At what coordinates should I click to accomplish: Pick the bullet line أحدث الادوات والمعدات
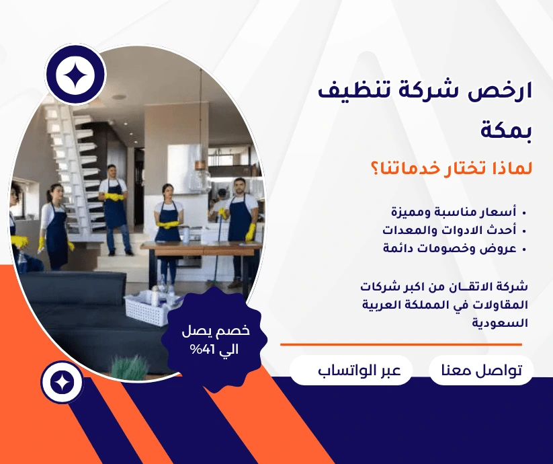[450, 230]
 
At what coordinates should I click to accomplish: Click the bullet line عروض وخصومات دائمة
[450, 248]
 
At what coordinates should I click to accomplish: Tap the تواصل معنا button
[481, 370]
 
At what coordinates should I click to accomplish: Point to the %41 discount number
[202, 349]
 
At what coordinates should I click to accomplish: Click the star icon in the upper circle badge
[75, 75]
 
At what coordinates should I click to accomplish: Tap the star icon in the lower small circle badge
[62, 383]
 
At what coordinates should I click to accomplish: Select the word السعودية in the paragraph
[500, 323]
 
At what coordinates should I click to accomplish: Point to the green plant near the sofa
[130, 367]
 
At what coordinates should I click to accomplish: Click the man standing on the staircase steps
[114, 210]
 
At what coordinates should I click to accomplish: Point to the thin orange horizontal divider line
[401, 344]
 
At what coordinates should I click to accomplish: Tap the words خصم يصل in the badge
[216, 331]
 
